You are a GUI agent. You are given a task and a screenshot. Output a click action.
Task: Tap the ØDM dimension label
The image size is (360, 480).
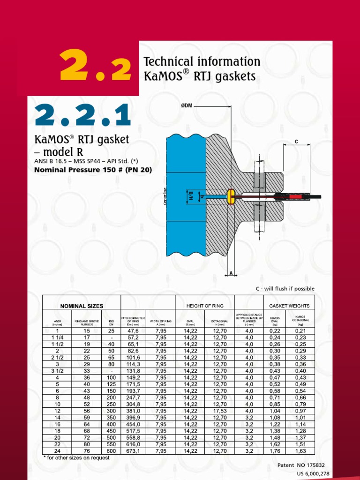[187, 106]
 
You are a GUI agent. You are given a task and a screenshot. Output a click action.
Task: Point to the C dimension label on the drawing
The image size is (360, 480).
[296, 141]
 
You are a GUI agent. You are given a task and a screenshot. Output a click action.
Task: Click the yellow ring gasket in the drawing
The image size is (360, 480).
[230, 196]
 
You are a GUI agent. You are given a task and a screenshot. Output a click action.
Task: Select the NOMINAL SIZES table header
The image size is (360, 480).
[82, 306]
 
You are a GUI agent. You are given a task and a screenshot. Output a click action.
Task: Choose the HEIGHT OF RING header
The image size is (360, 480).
[204, 306]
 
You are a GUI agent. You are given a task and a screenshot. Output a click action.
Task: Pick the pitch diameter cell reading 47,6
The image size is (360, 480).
[133, 330]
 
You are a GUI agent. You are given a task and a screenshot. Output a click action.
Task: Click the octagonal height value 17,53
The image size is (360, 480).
[220, 411]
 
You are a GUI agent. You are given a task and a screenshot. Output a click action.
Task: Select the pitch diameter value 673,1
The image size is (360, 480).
[133, 451]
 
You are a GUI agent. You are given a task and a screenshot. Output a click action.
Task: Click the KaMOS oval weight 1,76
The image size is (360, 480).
[275, 451]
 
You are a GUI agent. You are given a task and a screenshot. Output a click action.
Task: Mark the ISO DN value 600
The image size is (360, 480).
[111, 451]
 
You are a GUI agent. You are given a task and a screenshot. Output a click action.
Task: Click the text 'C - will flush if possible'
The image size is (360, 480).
[285, 289]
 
